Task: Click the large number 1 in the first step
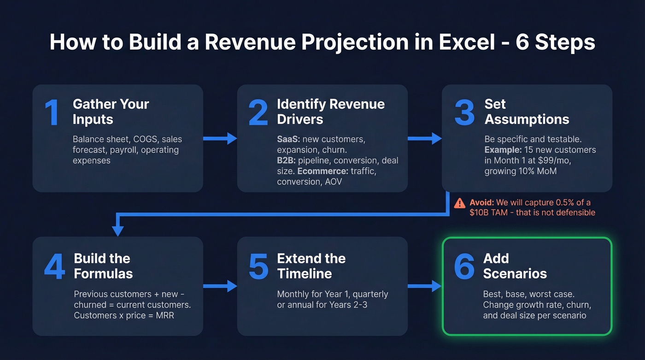[x=52, y=112]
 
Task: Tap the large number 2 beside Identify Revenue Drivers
[x=258, y=112]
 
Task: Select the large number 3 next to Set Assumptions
[x=464, y=112]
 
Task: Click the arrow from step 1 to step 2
[x=220, y=138]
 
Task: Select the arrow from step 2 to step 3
[x=424, y=138]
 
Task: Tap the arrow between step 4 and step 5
[x=220, y=286]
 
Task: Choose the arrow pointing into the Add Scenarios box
[x=424, y=286]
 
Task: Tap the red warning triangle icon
[x=459, y=203]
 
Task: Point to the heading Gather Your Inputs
[x=111, y=112]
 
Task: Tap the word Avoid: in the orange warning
[x=481, y=202]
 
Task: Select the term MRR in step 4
[x=164, y=315]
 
